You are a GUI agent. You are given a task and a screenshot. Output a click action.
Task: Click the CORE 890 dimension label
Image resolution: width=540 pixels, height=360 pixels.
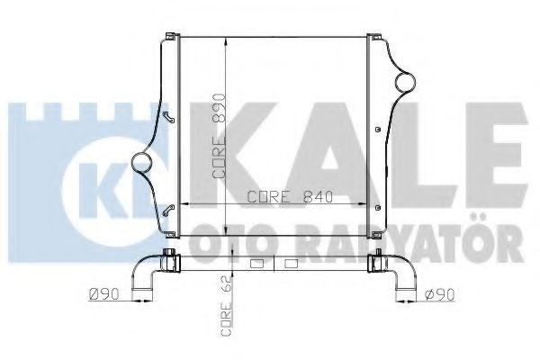219,136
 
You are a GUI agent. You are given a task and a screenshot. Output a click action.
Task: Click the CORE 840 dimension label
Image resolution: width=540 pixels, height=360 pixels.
291,197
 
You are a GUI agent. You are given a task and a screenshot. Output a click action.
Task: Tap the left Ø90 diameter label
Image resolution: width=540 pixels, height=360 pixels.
103,294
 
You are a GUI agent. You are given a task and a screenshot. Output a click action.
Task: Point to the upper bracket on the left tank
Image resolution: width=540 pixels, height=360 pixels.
169,117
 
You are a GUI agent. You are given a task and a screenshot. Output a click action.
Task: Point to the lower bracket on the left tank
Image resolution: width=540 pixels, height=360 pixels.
169,210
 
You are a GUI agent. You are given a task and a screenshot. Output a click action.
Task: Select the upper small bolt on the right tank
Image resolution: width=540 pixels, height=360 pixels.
378,130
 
